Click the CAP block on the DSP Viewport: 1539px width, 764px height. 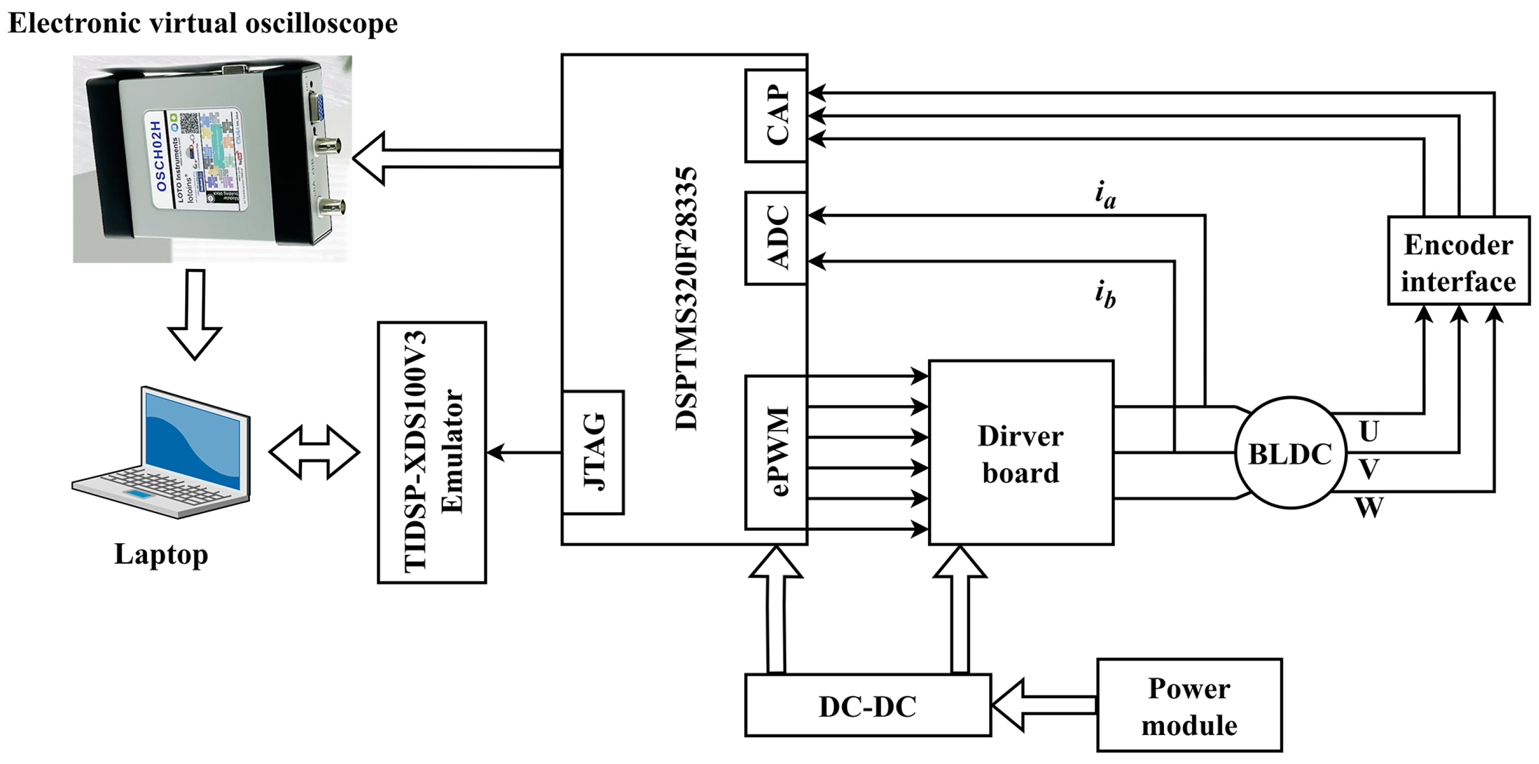pyautogui.click(x=776, y=115)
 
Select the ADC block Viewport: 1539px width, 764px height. pyautogui.click(x=776, y=238)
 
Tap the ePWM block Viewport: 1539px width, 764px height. pyautogui.click(x=776, y=452)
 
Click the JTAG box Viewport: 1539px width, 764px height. pyautogui.click(x=593, y=452)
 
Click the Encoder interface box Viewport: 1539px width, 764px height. pyautogui.click(x=1458, y=261)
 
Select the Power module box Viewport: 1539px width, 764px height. pyautogui.click(x=1189, y=706)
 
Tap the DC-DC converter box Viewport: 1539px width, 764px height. pyautogui.click(x=868, y=706)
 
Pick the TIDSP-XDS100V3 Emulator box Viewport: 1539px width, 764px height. pyautogui.click(x=432, y=452)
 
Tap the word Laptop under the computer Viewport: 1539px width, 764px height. pyautogui.click(x=161, y=554)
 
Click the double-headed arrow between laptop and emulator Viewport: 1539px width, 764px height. pyautogui.click(x=314, y=452)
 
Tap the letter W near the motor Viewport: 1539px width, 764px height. pyautogui.click(x=1369, y=508)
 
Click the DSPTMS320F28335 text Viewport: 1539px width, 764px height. pyautogui.click(x=686, y=298)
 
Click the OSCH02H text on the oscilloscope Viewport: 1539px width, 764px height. pyautogui.click(x=157, y=157)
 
